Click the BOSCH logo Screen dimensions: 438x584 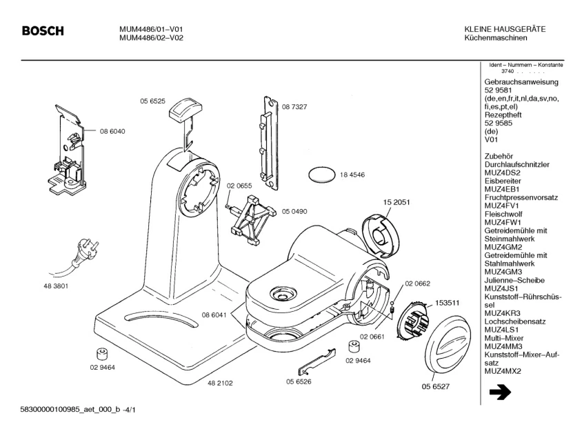coord(43,31)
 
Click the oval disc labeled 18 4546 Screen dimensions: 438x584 coord(320,175)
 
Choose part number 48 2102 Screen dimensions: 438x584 coord(220,382)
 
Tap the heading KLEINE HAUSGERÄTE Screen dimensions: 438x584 coord(505,29)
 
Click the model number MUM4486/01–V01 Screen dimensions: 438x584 coord(151,29)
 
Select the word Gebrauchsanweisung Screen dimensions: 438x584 coord(521,81)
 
